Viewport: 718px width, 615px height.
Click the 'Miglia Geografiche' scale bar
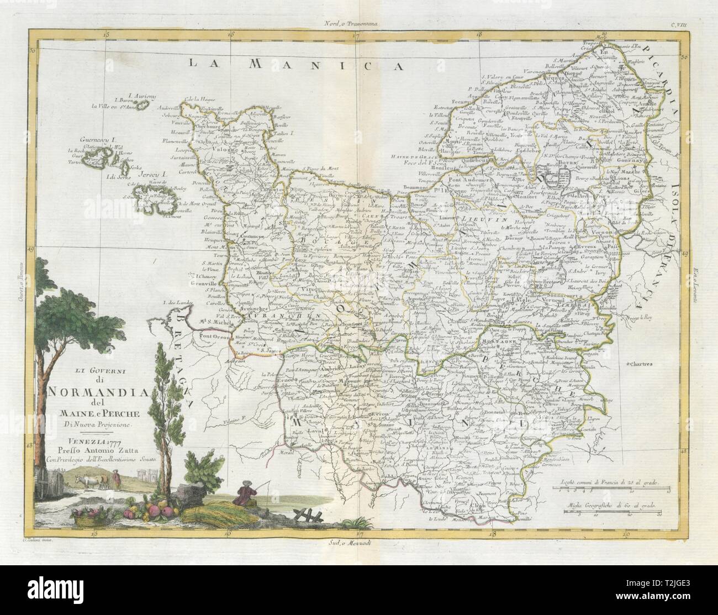[x=613, y=511]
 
